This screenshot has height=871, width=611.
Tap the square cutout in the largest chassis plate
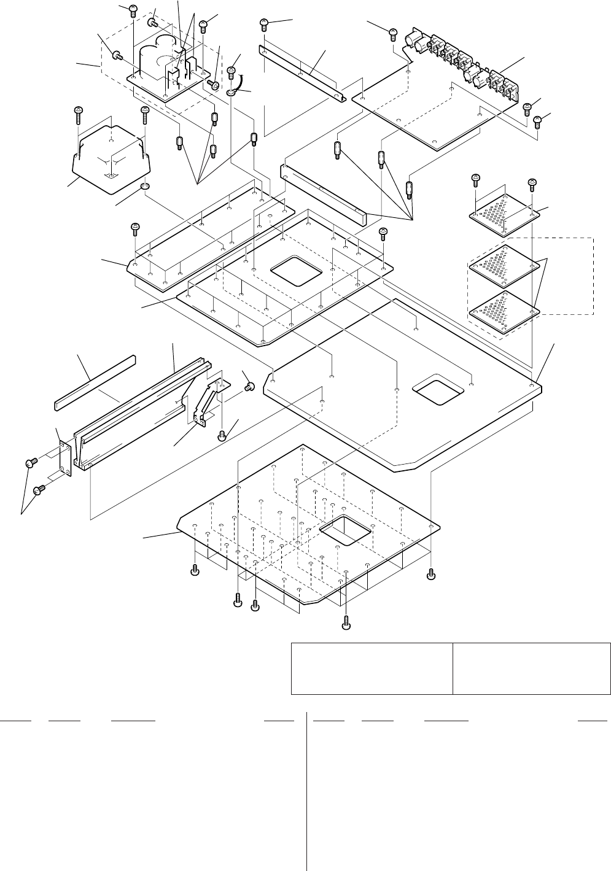tap(438, 389)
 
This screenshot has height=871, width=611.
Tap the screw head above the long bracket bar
tap(264, 25)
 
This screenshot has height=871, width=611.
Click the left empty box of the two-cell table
tap(372, 668)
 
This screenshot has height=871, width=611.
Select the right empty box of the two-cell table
tap(532, 668)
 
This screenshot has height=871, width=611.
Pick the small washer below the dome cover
tap(146, 187)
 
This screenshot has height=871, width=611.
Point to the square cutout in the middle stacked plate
tap(297, 270)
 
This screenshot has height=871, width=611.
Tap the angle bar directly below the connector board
tap(322, 193)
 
